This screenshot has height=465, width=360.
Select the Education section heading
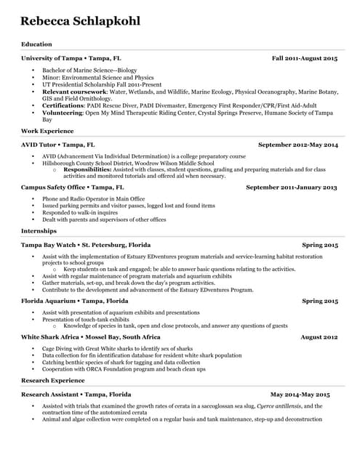[36, 44]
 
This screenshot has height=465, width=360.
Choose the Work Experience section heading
[47, 131]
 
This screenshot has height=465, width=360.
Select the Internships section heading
[39, 230]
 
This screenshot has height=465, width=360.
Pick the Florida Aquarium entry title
[75, 300]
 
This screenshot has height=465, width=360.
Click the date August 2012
[319, 337]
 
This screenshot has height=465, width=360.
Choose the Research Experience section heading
[53, 380]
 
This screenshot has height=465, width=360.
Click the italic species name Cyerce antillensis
[280, 406]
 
